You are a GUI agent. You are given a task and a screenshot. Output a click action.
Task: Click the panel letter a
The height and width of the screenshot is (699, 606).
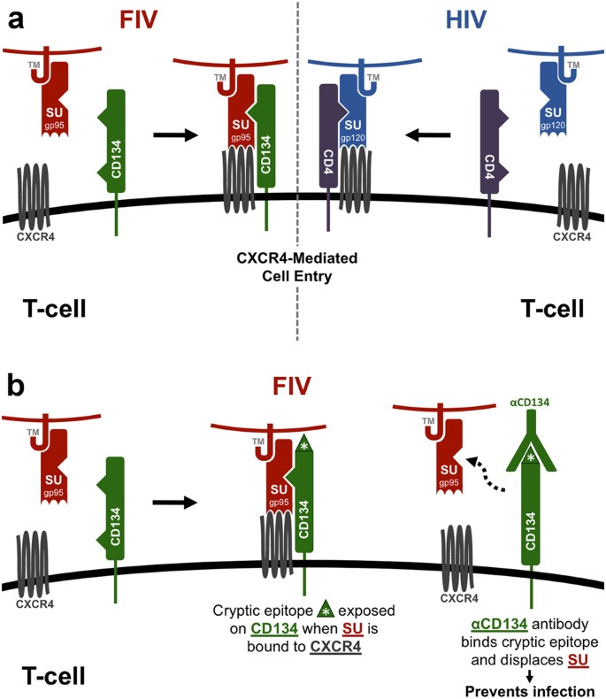[x=14, y=19]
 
